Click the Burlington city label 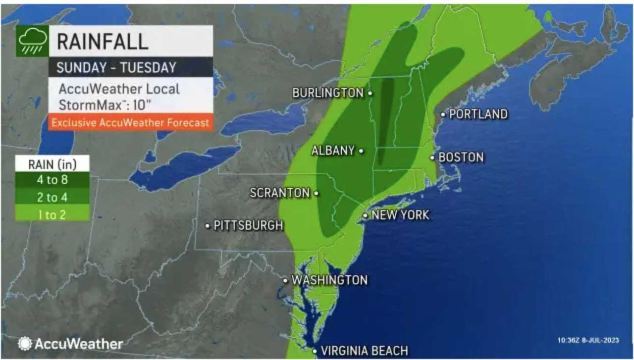click(x=328, y=93)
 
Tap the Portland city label click(x=478, y=114)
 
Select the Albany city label click(x=333, y=151)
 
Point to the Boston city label click(x=461, y=157)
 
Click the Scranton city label click(x=280, y=193)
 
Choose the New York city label click(x=400, y=215)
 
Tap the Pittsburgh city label click(x=248, y=226)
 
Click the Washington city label click(x=329, y=280)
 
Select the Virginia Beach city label click(x=364, y=351)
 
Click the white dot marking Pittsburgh click(x=208, y=226)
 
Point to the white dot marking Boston click(x=432, y=158)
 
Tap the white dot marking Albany click(x=361, y=151)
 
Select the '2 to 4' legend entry click(x=52, y=198)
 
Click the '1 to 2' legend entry click(x=52, y=214)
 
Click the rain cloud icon click(x=32, y=41)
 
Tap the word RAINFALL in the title click(x=103, y=42)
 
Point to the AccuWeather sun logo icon click(x=25, y=344)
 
